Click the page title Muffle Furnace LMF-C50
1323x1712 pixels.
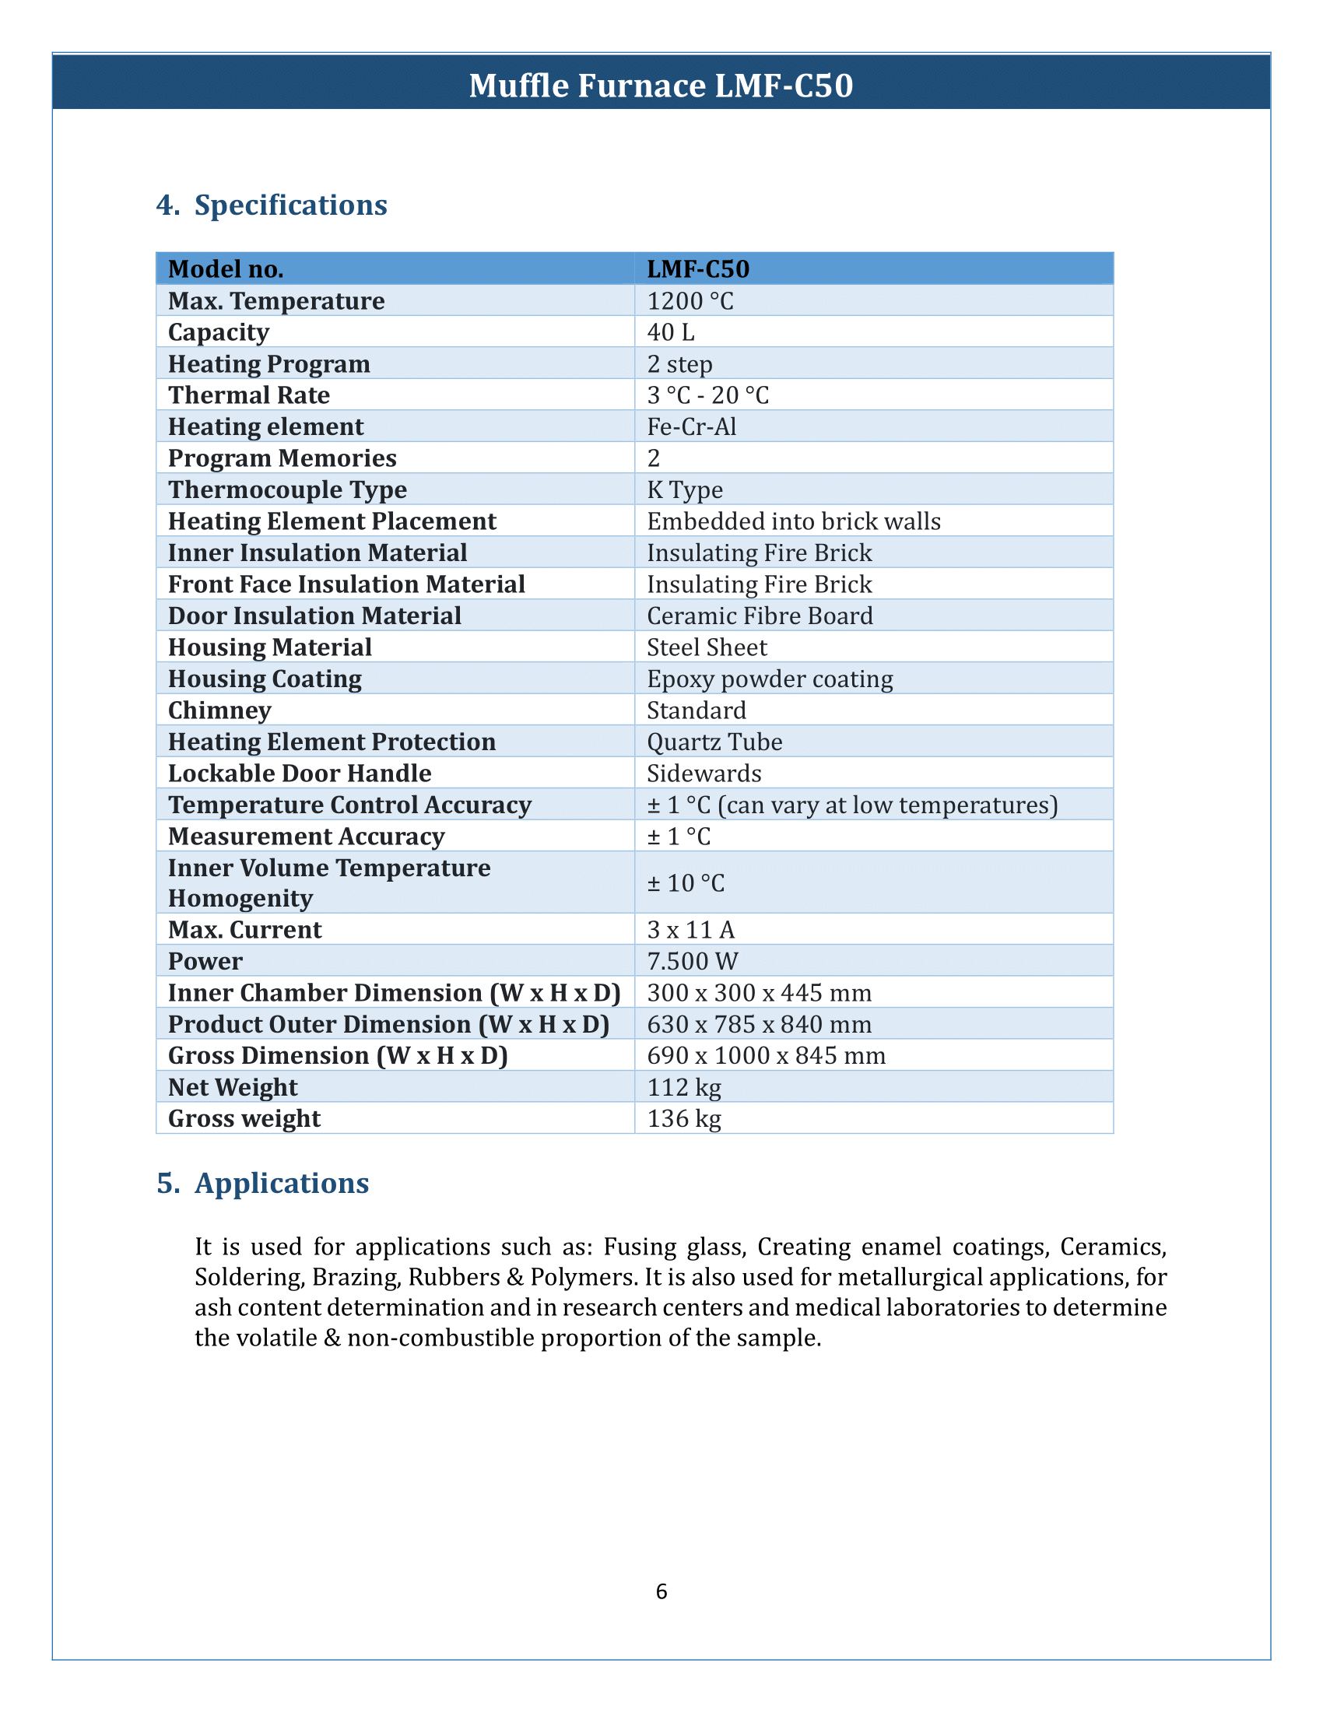[661, 86]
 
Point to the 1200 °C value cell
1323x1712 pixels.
[690, 301]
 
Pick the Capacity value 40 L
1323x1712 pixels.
[671, 332]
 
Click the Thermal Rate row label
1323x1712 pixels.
[249, 395]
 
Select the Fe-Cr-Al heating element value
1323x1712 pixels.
[691, 427]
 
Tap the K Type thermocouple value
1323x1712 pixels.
[685, 490]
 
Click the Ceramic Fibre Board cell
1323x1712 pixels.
[760, 616]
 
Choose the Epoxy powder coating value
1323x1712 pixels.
[770, 679]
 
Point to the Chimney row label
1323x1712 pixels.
[220, 711]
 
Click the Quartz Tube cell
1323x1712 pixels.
[714, 742]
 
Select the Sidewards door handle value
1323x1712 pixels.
[704, 774]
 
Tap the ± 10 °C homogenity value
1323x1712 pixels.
[686, 883]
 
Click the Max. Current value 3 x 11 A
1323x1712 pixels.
[690, 931]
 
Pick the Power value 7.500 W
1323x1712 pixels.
[692, 962]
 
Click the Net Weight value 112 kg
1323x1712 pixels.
[683, 1088]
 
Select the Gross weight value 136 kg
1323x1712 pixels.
[683, 1119]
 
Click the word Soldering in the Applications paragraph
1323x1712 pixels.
[248, 1278]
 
